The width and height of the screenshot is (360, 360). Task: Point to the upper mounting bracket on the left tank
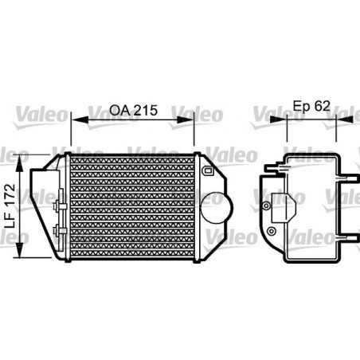(x=57, y=206)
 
